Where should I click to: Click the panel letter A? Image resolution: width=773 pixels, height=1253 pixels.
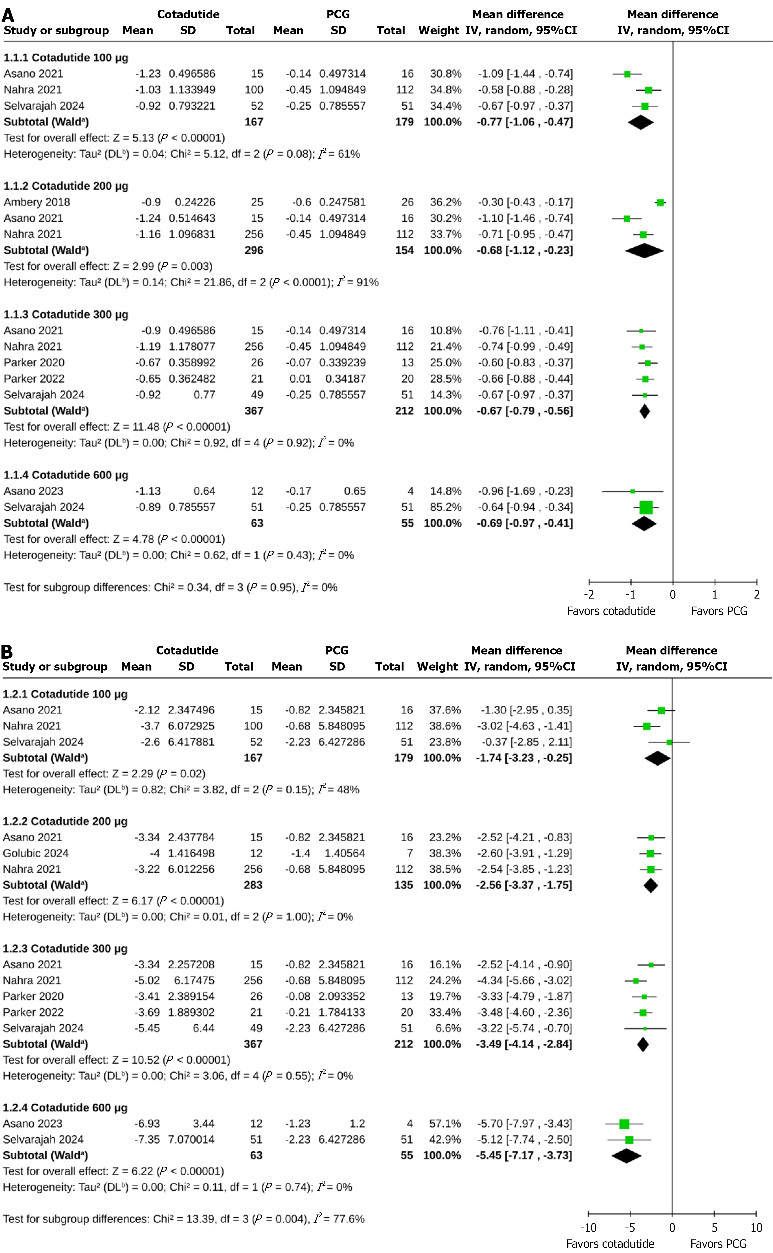[8, 15]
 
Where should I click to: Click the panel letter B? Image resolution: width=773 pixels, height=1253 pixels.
[7, 651]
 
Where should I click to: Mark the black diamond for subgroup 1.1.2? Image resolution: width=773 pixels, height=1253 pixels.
[644, 251]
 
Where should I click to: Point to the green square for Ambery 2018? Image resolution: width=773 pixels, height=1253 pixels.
[661, 202]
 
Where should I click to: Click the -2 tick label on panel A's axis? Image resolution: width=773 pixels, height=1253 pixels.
[589, 595]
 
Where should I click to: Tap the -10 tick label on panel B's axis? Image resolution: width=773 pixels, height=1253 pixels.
[588, 1228]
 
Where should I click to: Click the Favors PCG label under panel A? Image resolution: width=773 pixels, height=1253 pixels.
[719, 611]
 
